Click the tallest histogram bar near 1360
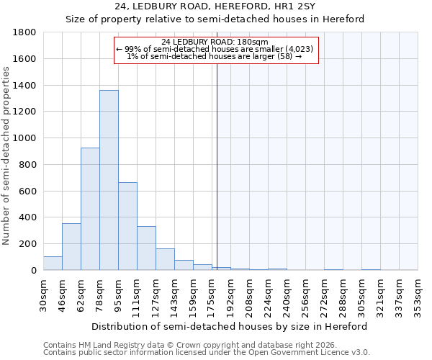coord(109,180)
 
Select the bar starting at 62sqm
coord(90,209)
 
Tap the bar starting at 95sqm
coord(127,226)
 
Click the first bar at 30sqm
coord(53,264)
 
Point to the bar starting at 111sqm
coord(146,248)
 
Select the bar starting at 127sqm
coord(165,259)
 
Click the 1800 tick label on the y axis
coord(25,32)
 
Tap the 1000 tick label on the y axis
coord(25,138)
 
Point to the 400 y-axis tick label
coord(28,217)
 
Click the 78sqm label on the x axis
coord(99,295)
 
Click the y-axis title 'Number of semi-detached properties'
coord(7,155)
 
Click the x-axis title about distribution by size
coord(230,326)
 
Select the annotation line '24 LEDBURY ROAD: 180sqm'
coord(215,42)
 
